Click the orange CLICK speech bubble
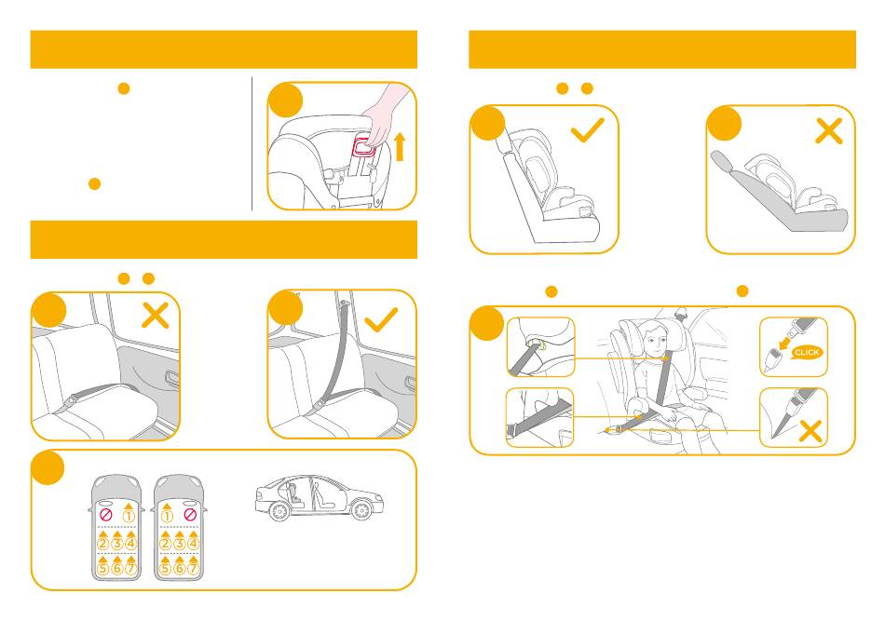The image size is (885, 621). click(x=807, y=353)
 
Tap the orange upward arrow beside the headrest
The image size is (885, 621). click(x=400, y=147)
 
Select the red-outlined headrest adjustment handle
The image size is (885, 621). click(x=365, y=145)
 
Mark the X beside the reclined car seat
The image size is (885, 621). click(x=829, y=131)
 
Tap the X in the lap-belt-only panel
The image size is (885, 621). click(x=156, y=316)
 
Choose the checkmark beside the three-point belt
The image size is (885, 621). click(x=382, y=319)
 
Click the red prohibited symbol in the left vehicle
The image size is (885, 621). click(x=106, y=515)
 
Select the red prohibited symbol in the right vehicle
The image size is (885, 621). click(x=190, y=515)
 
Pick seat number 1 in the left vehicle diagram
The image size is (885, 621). click(x=129, y=516)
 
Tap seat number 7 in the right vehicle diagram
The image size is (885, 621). click(x=193, y=568)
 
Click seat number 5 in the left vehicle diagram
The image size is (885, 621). click(x=102, y=568)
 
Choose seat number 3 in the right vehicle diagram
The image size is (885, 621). click(x=179, y=544)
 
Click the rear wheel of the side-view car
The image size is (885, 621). click(x=279, y=511)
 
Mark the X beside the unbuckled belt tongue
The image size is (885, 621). click(x=810, y=432)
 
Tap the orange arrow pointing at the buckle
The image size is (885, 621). click(x=784, y=344)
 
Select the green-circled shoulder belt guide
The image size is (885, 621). click(x=540, y=344)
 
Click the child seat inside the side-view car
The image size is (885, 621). click(x=294, y=493)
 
